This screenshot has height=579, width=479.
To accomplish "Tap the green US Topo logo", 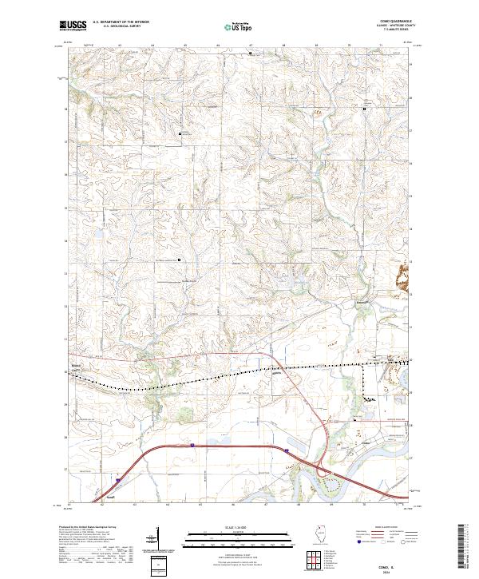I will (236, 26).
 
